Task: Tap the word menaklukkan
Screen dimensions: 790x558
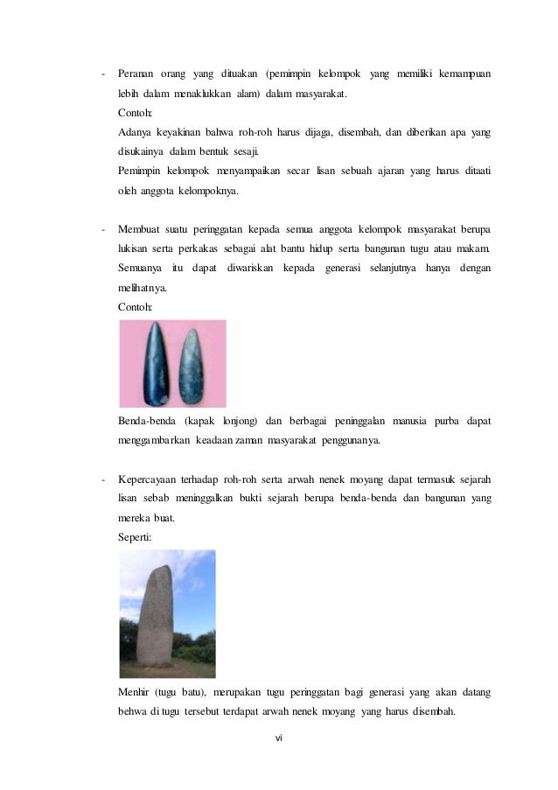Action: [x=209, y=92]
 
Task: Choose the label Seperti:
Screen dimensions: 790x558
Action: [x=134, y=538]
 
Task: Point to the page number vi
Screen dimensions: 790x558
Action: [x=279, y=738]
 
